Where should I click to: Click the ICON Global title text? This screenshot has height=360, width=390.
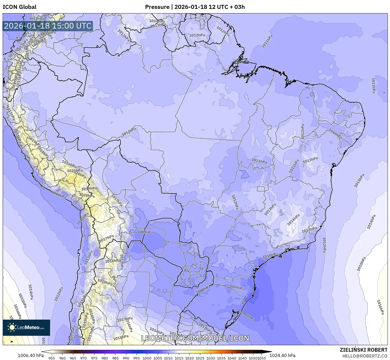pos(19,7)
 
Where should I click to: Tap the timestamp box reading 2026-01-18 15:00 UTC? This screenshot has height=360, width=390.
pos(48,26)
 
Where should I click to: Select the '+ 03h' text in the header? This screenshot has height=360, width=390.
pos(237,7)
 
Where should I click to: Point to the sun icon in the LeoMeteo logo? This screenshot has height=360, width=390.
pos(12,327)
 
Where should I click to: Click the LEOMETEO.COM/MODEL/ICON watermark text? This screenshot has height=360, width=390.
pos(195,338)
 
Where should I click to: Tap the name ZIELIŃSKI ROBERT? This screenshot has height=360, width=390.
pos(364,350)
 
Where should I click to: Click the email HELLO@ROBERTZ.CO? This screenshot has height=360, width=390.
pos(365,356)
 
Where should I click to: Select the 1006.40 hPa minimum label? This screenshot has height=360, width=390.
pos(30,355)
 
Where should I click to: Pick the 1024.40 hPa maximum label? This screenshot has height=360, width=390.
pos(284,355)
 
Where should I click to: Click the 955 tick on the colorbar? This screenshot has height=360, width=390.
pos(52,358)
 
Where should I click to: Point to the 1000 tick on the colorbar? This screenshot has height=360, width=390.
pos(147,358)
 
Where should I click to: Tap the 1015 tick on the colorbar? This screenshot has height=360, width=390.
pos(179,358)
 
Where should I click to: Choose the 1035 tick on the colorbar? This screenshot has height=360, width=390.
pos(221,358)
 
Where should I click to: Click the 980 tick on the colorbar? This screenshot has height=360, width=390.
pos(105,358)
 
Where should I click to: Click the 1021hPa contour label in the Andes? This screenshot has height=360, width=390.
pos(75,171)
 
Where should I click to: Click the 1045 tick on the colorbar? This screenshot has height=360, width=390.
pos(242,358)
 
